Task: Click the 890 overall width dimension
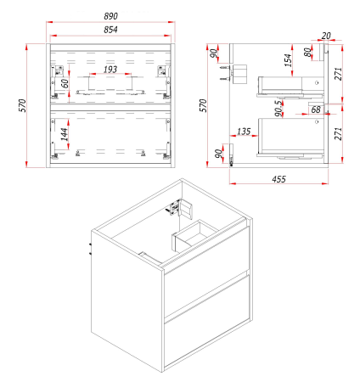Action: click(x=110, y=16)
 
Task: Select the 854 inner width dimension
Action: click(x=110, y=30)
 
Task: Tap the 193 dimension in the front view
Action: click(x=110, y=69)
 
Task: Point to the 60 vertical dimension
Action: click(x=65, y=83)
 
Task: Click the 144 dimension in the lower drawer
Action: click(x=65, y=134)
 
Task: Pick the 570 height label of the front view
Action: click(x=22, y=105)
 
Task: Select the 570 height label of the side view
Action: click(x=203, y=105)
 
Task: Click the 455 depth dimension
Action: click(x=278, y=179)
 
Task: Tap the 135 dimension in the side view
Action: click(x=244, y=132)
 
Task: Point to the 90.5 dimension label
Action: click(x=278, y=108)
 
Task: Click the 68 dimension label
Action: click(x=316, y=110)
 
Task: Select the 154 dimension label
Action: click(x=288, y=60)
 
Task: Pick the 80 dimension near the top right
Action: click(x=307, y=53)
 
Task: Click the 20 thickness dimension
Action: click(x=326, y=36)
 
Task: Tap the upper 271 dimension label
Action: click(x=338, y=74)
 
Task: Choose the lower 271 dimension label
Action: click(x=338, y=133)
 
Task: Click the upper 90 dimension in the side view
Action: click(x=214, y=53)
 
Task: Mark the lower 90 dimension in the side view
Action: click(x=218, y=154)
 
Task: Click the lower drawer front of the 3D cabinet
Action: click(x=207, y=322)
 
